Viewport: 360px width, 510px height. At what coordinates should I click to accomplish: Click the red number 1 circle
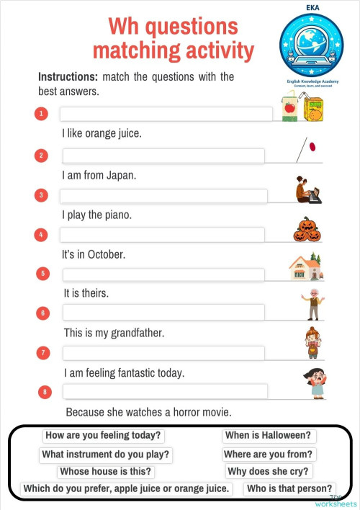[x=42, y=114]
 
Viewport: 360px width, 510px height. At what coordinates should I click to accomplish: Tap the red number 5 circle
[x=43, y=274]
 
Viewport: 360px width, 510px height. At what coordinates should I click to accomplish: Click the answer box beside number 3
[x=163, y=196]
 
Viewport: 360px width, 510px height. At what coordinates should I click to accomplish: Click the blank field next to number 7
[x=163, y=353]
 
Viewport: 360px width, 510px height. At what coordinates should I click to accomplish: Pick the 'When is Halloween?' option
[x=269, y=435]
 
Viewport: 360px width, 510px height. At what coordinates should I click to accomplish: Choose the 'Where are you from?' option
[x=269, y=454]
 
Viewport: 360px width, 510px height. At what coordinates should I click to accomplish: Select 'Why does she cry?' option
[x=269, y=472]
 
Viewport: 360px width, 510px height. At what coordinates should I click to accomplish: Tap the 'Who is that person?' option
[x=289, y=489]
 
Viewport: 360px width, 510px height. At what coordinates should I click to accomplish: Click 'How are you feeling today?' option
[x=104, y=435]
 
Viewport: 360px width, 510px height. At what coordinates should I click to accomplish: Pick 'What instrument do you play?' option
[x=106, y=454]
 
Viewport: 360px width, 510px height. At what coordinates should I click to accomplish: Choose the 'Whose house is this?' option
[x=106, y=472]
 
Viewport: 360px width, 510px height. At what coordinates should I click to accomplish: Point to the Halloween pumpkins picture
[x=307, y=230]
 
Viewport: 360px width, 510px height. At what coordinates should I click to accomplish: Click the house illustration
[x=305, y=268]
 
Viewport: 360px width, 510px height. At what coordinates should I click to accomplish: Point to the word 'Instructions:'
[x=68, y=76]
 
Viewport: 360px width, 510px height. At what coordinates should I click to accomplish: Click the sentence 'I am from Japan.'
[x=99, y=175]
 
